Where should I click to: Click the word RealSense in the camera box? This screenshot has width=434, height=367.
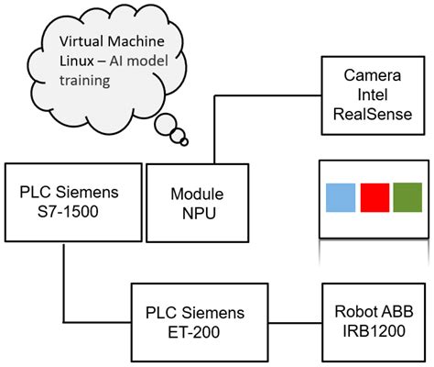pos(377,113)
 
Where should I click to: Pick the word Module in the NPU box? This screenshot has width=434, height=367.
pos(197,194)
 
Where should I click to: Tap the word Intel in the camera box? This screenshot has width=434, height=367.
pos(377,94)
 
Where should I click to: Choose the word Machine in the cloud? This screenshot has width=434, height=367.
pos(139,41)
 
